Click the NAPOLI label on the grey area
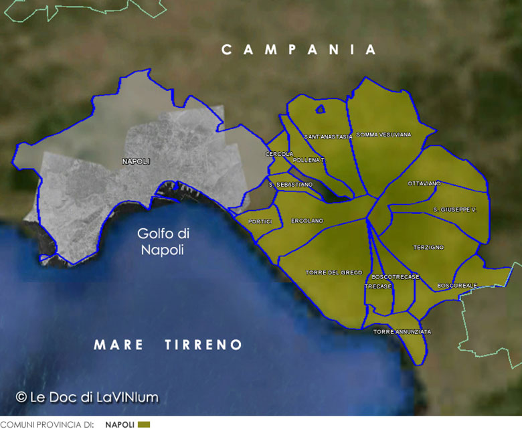pyautogui.click(x=136, y=161)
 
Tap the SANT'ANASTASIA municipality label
pyautogui.click(x=328, y=137)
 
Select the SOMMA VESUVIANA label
pyautogui.click(x=383, y=135)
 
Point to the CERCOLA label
pyautogui.click(x=279, y=154)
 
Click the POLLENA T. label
pyautogui.click(x=309, y=160)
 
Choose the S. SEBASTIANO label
pyautogui.click(x=290, y=184)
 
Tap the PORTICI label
pyautogui.click(x=260, y=221)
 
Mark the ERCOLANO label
pyautogui.click(x=307, y=221)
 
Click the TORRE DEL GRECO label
pyautogui.click(x=333, y=272)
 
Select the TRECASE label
pyautogui.click(x=377, y=286)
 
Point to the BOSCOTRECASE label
pyautogui.click(x=395, y=276)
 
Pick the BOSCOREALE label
pyautogui.click(x=457, y=286)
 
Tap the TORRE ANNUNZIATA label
pyautogui.click(x=402, y=332)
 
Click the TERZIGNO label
pyautogui.click(x=428, y=248)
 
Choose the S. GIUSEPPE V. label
pyautogui.click(x=454, y=209)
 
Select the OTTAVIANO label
pyautogui.click(x=424, y=183)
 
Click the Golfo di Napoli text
pyautogui.click(x=163, y=242)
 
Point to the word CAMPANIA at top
pyautogui.click(x=299, y=50)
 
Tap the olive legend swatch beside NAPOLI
pyautogui.click(x=144, y=425)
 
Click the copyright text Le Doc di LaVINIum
pyautogui.click(x=87, y=397)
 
